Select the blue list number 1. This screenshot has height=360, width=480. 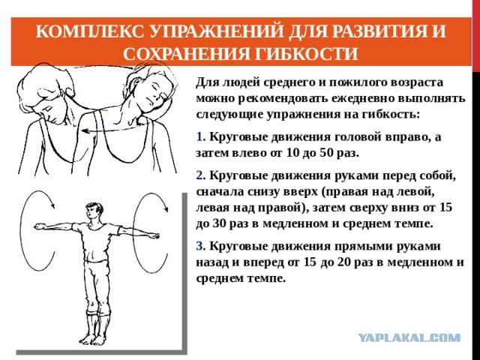[x=200, y=136]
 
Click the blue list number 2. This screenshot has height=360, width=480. [x=201, y=175]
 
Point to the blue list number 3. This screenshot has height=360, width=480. [x=201, y=246]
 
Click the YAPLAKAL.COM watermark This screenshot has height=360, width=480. [x=409, y=337]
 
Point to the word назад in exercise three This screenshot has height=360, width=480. [x=212, y=262]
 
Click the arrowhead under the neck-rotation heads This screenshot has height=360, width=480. [x=85, y=131]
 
